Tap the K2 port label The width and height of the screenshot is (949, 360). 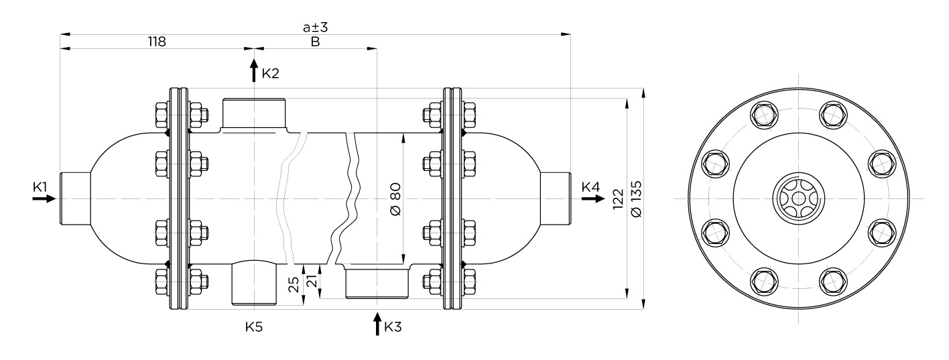pos(271,73)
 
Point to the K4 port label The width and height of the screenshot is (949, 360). pos(590,186)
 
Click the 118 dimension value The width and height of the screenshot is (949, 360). pos(156,42)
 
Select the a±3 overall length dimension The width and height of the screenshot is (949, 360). pos(315,27)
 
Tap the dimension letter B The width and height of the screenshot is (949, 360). pos(315,42)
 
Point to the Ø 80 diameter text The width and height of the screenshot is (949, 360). pos(395,199)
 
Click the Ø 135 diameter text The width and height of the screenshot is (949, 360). pos(636,198)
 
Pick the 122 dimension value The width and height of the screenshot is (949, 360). pos(619,199)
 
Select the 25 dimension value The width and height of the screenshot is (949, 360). pos(294,285)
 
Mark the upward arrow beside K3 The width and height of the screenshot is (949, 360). pos(377,324)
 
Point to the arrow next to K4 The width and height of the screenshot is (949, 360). pos(593,198)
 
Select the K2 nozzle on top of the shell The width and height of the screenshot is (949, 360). pos(255,114)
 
